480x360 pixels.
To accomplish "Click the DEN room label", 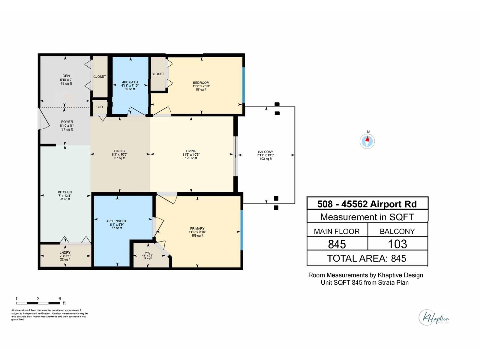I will click(x=66, y=76).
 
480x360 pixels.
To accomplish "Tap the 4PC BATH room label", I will click(x=130, y=82).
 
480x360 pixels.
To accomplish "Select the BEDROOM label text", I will click(x=201, y=83).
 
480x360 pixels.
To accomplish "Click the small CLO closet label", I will click(x=100, y=107).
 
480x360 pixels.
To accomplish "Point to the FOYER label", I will click(x=67, y=122).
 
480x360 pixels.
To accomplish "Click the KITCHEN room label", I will click(x=65, y=192).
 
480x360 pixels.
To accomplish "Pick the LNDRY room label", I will click(x=65, y=253).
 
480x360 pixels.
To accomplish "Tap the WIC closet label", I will click(x=148, y=253).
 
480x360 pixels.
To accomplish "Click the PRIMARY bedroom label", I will click(x=197, y=229).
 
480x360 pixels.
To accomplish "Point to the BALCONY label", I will click(x=265, y=152).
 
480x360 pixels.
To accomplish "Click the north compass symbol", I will click(x=367, y=141).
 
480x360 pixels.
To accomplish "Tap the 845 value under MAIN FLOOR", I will click(x=337, y=244).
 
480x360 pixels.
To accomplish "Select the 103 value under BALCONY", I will click(x=397, y=244).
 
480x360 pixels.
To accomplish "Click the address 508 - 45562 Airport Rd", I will click(x=367, y=204).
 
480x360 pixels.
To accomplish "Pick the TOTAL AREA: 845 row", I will click(x=367, y=258).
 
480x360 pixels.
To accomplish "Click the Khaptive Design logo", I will click(x=434, y=317).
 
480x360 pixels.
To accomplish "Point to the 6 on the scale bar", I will click(x=60, y=298).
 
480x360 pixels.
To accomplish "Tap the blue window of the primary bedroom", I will click(x=242, y=230).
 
